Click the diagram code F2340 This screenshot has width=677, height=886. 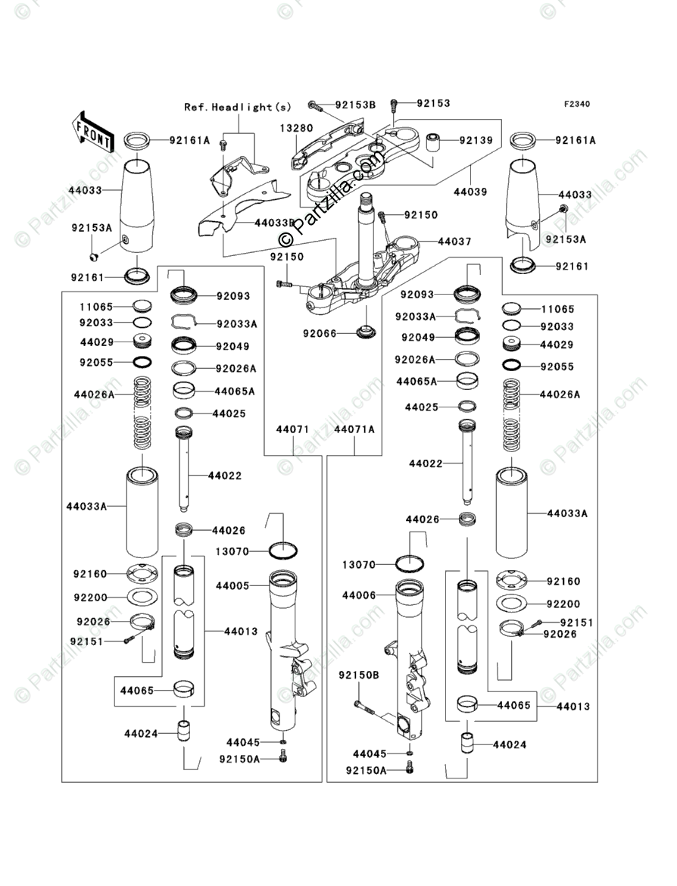[x=576, y=104]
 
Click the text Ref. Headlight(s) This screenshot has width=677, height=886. [x=237, y=108]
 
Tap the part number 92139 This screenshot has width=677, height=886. [x=475, y=141]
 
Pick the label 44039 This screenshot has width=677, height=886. [x=470, y=192]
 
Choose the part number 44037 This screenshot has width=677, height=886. [x=454, y=242]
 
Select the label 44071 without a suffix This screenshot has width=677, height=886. [x=292, y=429]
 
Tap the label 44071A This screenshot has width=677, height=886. [x=354, y=429]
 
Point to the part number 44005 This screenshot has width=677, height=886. [x=232, y=586]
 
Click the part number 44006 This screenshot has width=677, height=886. [x=358, y=596]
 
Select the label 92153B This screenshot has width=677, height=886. [x=355, y=104]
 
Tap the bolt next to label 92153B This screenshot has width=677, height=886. [x=314, y=105]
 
